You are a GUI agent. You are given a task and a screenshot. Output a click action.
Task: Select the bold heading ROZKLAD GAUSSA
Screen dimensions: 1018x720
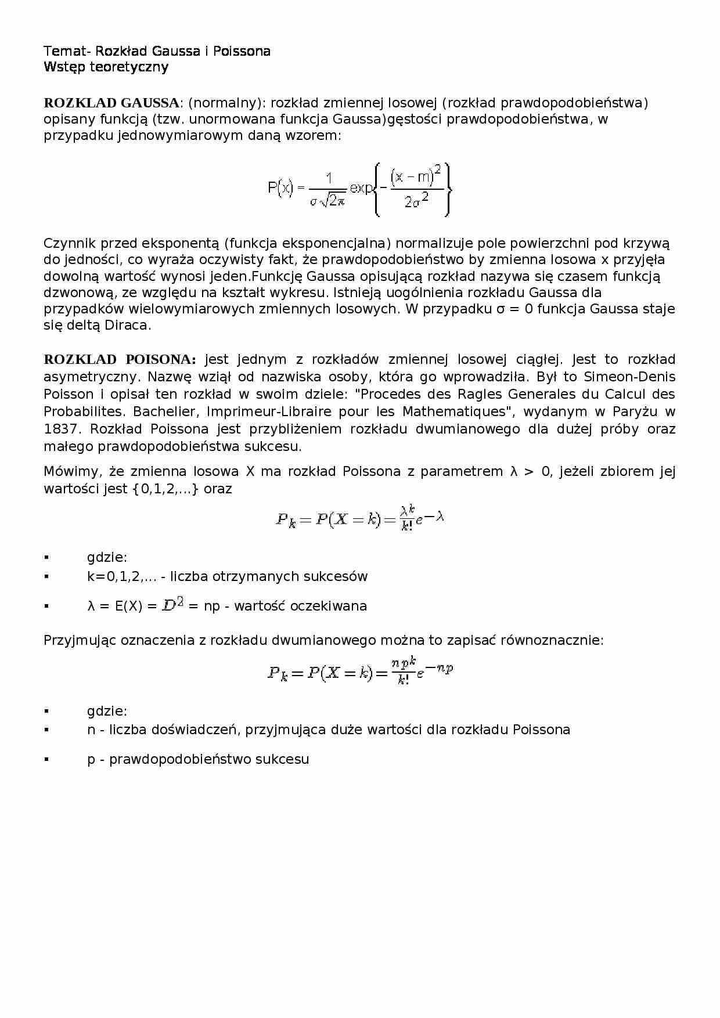(111, 103)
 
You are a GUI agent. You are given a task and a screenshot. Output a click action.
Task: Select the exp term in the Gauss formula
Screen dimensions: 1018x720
(361, 189)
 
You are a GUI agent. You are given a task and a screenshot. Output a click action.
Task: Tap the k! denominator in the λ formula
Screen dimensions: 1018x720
(406, 527)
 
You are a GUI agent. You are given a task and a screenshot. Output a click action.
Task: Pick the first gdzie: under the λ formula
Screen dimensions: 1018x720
(107, 558)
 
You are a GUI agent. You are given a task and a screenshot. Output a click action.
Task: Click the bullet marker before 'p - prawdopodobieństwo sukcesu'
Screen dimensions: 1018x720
(46, 759)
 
